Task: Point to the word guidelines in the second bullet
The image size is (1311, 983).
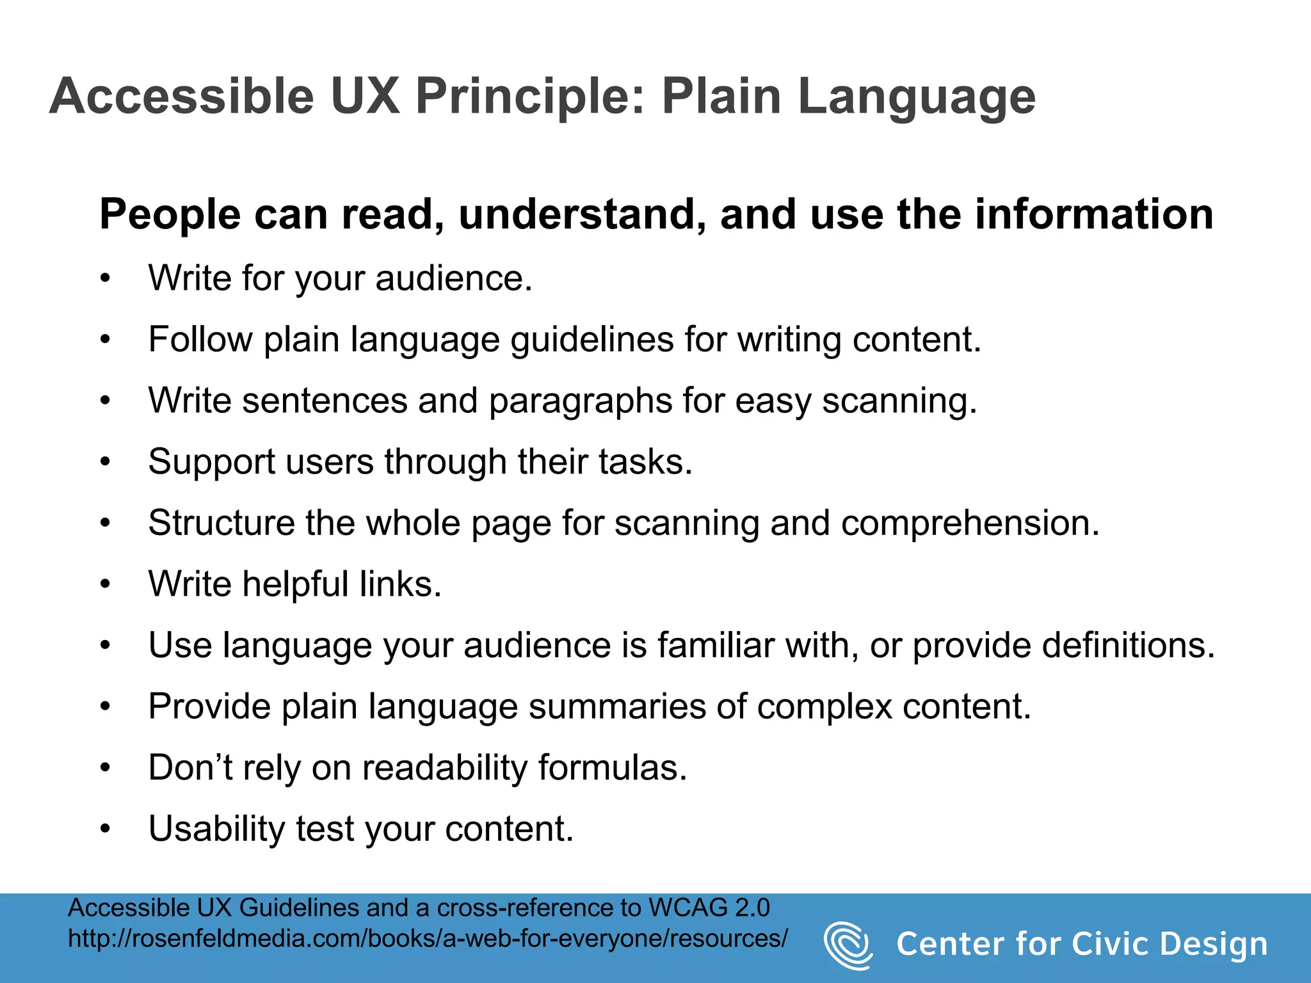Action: [591, 340]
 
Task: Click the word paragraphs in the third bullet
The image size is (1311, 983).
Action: [580, 401]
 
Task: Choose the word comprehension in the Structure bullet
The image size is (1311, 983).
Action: [970, 523]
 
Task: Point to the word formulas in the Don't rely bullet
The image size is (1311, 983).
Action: [612, 768]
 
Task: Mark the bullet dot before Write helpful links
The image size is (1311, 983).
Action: [106, 584]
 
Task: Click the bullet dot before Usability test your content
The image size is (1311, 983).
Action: [106, 829]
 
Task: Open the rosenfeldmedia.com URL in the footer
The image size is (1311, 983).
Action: [428, 939]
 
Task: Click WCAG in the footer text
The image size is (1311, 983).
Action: [689, 908]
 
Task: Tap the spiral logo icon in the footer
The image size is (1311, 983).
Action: [848, 945]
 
